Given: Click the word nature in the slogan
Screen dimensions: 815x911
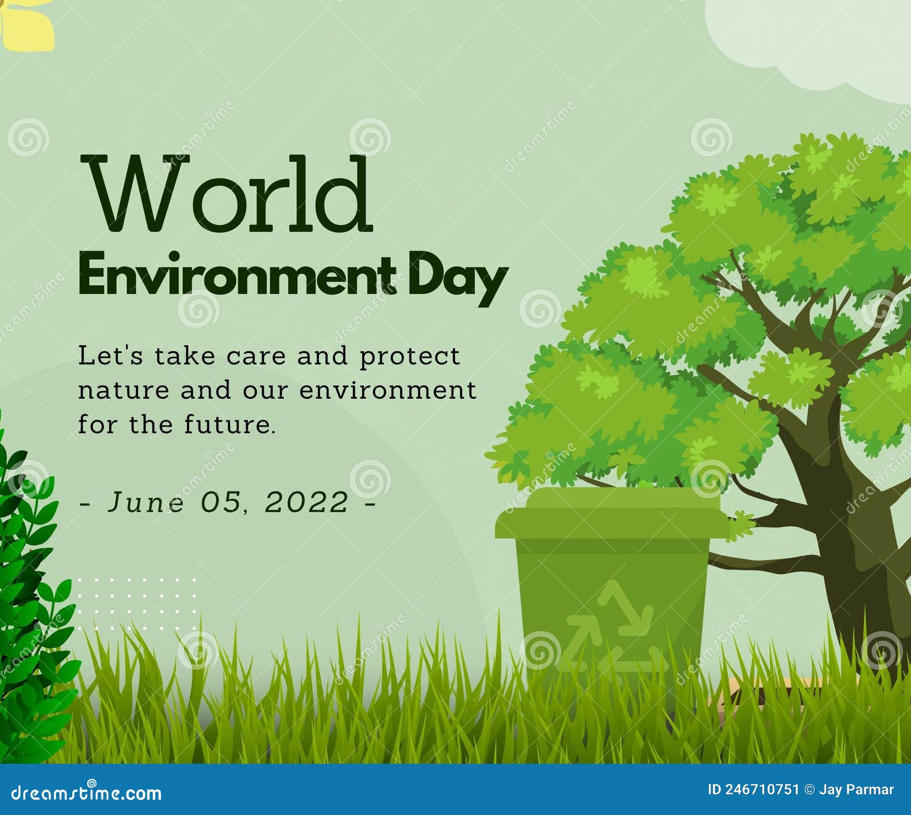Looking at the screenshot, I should pos(124,391).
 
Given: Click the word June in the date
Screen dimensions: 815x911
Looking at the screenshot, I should pos(146,502).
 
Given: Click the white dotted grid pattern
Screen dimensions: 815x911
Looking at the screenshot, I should pos(137,604).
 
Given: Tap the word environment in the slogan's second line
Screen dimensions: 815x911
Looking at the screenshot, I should pos(388,391).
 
